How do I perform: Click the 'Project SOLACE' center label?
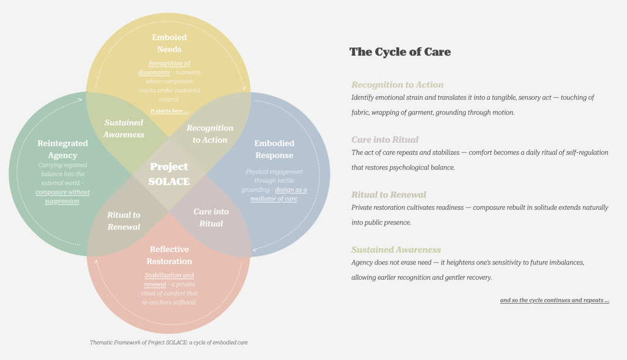(169, 174)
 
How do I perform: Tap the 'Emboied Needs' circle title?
(169, 43)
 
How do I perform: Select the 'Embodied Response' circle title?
(274, 149)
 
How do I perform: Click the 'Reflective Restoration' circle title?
(169, 255)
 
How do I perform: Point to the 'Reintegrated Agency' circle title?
(62, 149)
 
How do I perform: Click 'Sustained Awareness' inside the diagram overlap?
(124, 129)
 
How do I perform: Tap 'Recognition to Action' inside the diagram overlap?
(210, 133)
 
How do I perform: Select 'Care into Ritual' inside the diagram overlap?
(211, 217)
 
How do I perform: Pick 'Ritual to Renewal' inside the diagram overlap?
(124, 220)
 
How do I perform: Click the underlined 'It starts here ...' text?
(170, 111)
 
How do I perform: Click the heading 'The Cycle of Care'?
(400, 52)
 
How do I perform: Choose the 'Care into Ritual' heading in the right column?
(385, 140)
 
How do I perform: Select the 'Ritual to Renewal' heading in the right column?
(388, 195)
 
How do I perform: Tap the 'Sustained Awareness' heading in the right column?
(396, 250)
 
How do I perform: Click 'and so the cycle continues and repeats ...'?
(554, 300)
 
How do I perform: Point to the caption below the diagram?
(168, 342)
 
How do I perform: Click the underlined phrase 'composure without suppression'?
(62, 196)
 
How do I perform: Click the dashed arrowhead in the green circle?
(80, 99)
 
